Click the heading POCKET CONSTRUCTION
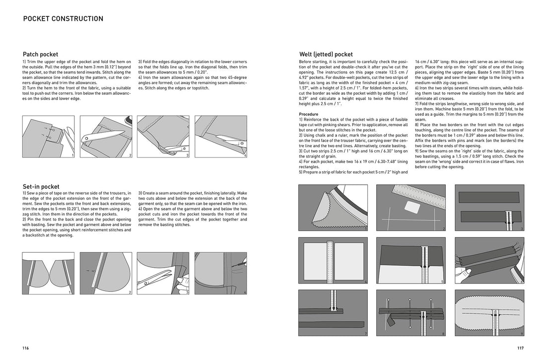coord(63,19)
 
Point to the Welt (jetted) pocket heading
coord(326,55)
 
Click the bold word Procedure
coord(309,114)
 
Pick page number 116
coord(25,349)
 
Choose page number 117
coord(520,349)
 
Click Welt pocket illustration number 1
coord(333,208)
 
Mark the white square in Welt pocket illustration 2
coord(411,207)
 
